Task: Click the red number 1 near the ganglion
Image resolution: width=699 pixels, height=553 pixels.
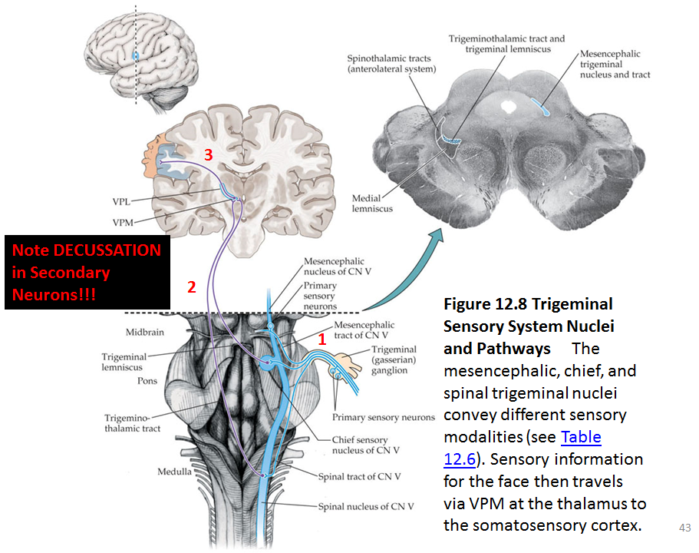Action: tap(323, 337)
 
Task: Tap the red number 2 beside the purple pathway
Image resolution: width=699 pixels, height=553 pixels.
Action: tap(192, 288)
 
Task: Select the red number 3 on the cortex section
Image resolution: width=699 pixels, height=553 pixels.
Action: tap(208, 155)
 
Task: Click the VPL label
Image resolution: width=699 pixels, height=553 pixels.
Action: tap(121, 201)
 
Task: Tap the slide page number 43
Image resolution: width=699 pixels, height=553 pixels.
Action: tap(685, 528)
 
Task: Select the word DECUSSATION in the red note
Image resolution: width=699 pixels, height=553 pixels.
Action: tap(107, 250)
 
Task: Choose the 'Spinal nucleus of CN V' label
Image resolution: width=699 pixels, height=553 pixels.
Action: tap(366, 506)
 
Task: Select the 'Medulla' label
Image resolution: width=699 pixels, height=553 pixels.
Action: tap(176, 472)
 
